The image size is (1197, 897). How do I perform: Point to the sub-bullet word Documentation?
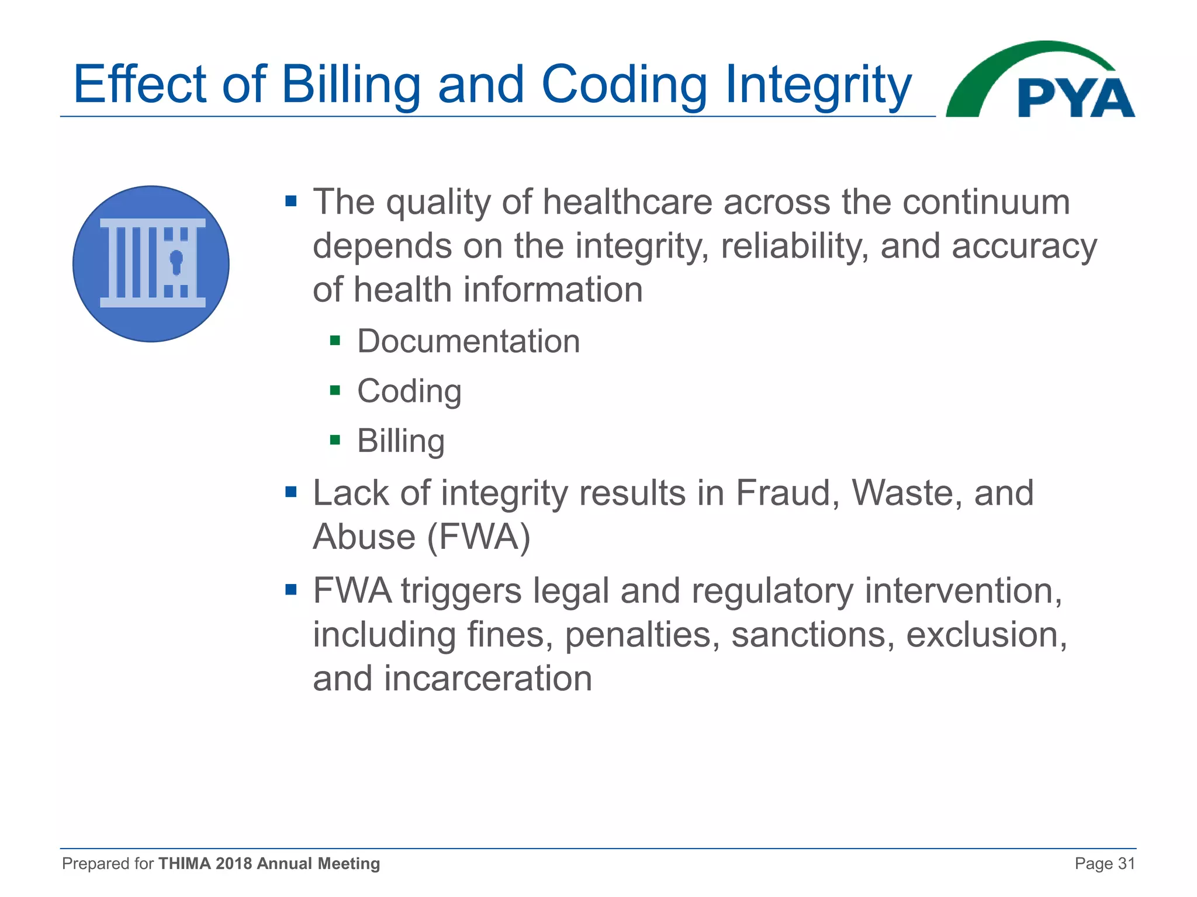tap(468, 341)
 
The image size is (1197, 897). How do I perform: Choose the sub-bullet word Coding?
tap(409, 391)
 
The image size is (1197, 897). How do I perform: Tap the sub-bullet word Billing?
tap(401, 441)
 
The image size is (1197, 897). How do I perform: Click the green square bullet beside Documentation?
tap(335, 340)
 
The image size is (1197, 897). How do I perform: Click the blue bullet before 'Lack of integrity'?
tap(290, 492)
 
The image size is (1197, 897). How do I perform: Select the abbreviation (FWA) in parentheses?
tap(479, 536)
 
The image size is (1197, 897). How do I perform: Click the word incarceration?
tap(488, 679)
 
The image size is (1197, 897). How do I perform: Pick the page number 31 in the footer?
tap(1126, 863)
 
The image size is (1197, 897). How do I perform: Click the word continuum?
tap(986, 202)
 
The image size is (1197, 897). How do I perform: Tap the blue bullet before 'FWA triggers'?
tap(290, 589)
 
